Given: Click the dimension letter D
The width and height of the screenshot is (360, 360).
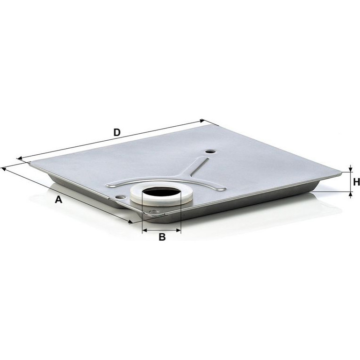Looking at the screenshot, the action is pos(117,132).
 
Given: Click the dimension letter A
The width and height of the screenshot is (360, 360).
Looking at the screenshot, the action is pos(58,199).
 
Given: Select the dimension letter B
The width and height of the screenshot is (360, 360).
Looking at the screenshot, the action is pos(162,237).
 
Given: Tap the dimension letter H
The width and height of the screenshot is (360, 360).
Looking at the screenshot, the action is pos(356,182).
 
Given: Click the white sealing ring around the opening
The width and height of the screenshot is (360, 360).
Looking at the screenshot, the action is pos(161,193).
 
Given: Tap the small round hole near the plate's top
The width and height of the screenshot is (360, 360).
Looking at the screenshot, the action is pos(209,152).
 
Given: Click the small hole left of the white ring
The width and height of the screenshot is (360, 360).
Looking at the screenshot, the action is pos(121,197).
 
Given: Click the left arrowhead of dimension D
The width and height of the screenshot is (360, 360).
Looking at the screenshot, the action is pos(19,158).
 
